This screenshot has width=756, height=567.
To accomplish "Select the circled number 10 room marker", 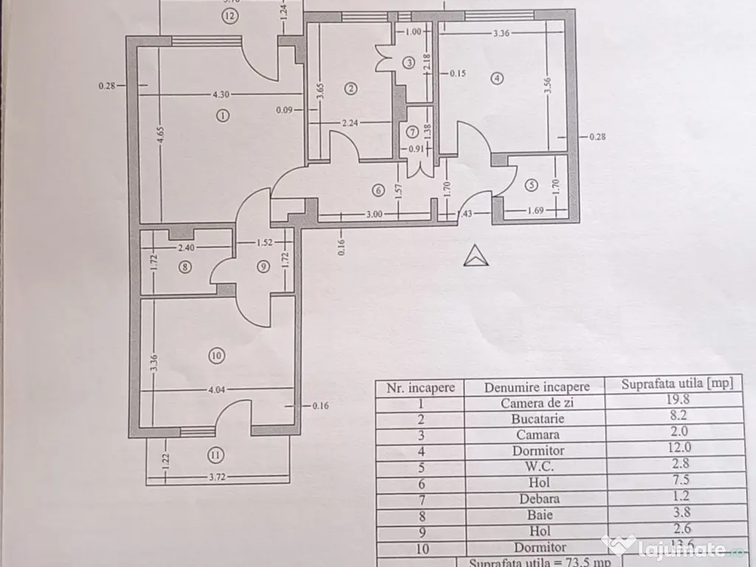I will (216, 356).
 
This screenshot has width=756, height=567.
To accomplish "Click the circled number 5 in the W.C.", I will (531, 185).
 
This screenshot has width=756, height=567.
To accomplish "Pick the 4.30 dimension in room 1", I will (220, 94).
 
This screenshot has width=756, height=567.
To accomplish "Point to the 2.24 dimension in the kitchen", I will (350, 124).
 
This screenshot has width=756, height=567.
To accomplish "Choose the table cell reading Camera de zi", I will (537, 403).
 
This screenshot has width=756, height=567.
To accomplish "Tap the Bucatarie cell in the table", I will (537, 419).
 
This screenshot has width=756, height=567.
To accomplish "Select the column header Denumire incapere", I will (537, 387).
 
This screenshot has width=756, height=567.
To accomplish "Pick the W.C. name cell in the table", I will (537, 467).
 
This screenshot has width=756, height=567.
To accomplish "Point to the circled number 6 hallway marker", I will (379, 190).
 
